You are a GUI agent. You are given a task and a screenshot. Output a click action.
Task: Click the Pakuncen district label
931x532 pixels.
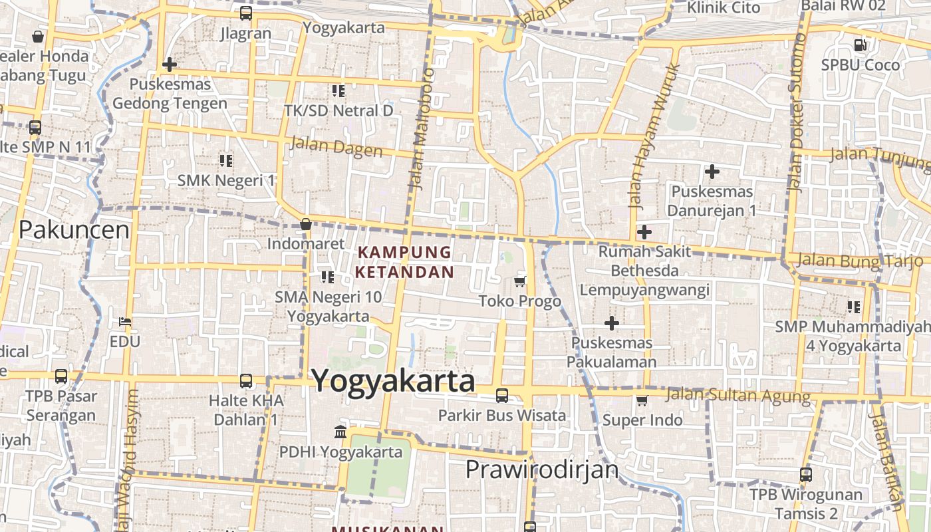point(74,230)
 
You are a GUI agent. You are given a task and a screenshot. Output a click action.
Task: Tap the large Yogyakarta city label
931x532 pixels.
point(394,381)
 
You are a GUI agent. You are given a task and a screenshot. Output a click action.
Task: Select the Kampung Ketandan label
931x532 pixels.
point(404,262)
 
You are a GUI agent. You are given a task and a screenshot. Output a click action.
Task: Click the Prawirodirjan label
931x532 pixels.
point(542,469)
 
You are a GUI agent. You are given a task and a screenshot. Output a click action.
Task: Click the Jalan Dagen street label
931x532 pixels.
point(336,146)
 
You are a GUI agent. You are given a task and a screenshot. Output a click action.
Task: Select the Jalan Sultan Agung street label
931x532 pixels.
point(738,395)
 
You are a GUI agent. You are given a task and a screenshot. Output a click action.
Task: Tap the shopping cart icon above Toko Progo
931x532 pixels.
point(520,281)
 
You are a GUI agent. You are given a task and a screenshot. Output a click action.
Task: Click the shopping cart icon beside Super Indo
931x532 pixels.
point(642,400)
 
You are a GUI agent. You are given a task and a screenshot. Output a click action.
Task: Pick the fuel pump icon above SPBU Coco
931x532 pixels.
point(860,45)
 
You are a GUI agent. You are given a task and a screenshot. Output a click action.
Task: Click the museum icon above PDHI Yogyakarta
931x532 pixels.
point(340,432)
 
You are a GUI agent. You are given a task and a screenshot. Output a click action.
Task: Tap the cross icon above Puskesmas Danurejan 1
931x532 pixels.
point(712,172)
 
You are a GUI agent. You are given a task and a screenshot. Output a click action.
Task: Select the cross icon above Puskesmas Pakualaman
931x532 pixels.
point(612,323)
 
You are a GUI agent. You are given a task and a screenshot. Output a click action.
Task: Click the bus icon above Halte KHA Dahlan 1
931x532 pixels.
point(246,381)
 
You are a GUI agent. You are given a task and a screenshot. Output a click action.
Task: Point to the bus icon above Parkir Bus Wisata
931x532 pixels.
point(502,396)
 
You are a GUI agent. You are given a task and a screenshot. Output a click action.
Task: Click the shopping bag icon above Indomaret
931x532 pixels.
point(306,224)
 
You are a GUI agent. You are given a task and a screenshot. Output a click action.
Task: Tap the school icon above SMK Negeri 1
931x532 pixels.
point(226,160)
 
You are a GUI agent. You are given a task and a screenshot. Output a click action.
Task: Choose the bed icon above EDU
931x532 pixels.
point(125,322)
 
